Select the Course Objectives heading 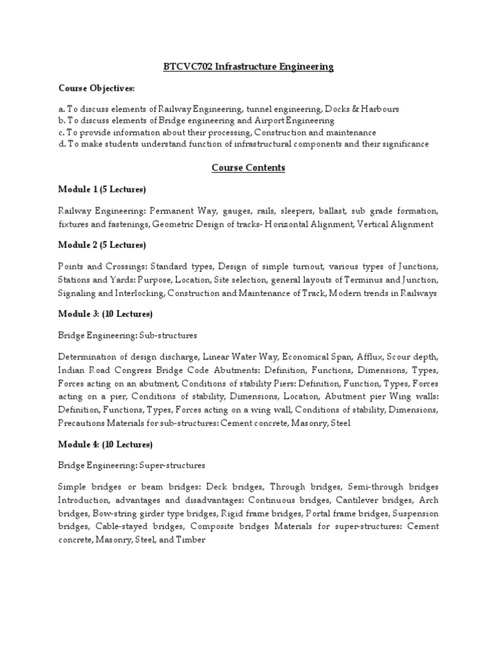[x=97, y=88]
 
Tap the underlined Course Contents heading [x=248, y=168]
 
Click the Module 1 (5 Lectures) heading [x=102, y=189]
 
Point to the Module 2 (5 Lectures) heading [x=102, y=245]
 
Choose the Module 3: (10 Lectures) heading [x=105, y=313]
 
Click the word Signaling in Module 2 [x=80, y=293]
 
